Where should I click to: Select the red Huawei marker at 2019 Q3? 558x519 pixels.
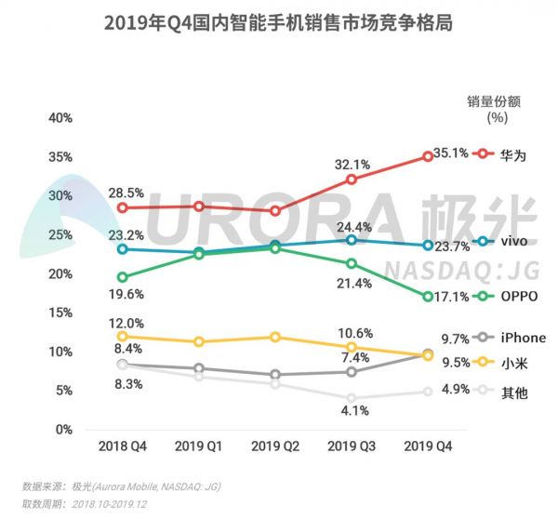(352, 180)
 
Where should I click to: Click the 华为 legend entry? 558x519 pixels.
(511, 155)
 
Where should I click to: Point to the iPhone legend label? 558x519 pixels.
(522, 339)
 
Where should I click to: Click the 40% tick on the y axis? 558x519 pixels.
(60, 118)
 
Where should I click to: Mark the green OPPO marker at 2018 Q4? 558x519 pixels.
(123, 277)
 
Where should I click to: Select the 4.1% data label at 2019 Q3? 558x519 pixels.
(351, 409)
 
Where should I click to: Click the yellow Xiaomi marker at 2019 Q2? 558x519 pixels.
(275, 337)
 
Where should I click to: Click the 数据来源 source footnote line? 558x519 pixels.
(122, 486)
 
